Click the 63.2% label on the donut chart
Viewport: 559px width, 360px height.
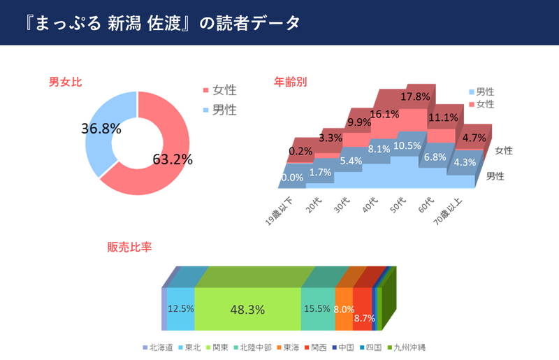172,159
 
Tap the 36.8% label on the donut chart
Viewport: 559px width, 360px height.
101,129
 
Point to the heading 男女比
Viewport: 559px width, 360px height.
65,82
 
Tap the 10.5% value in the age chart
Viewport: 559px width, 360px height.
407,145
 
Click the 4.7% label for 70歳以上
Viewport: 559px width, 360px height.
474,138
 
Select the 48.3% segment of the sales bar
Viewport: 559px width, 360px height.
247,308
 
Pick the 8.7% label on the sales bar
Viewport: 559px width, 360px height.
365,318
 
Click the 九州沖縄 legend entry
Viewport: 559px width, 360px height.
409,347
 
